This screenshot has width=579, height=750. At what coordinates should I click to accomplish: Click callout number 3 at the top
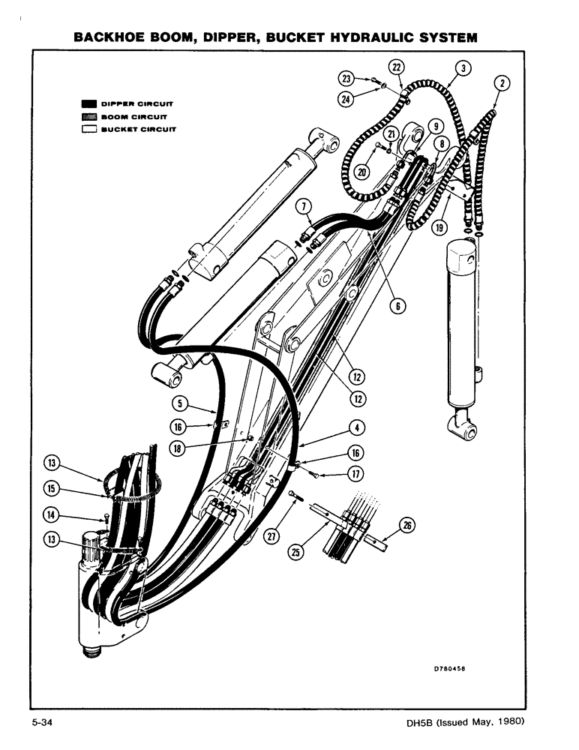tap(465, 68)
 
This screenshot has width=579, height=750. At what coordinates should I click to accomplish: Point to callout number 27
tap(271, 534)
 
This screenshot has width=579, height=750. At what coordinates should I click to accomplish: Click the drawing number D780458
tap(454, 670)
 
